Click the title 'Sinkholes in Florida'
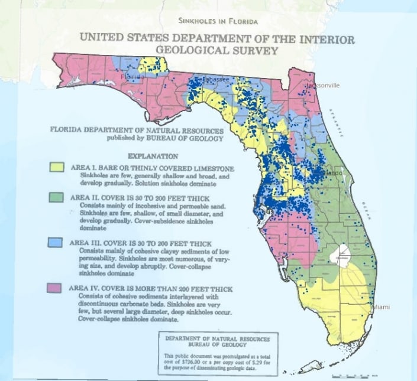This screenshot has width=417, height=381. coord(218,22)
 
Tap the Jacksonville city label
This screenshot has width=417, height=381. coord(322,86)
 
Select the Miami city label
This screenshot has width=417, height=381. coord(380,308)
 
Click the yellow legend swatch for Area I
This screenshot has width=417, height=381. coord(56,168)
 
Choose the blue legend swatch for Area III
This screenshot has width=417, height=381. coord(56,243)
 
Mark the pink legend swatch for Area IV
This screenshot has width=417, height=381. coord(56,288)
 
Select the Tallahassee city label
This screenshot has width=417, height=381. coord(210,79)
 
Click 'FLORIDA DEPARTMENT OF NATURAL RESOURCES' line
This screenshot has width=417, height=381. coord(137,131)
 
